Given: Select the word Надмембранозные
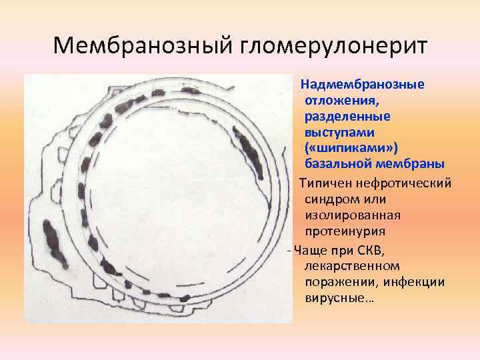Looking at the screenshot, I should [x=363, y=85].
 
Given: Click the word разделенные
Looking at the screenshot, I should [x=347, y=116].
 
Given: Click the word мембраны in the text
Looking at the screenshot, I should [x=408, y=163].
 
